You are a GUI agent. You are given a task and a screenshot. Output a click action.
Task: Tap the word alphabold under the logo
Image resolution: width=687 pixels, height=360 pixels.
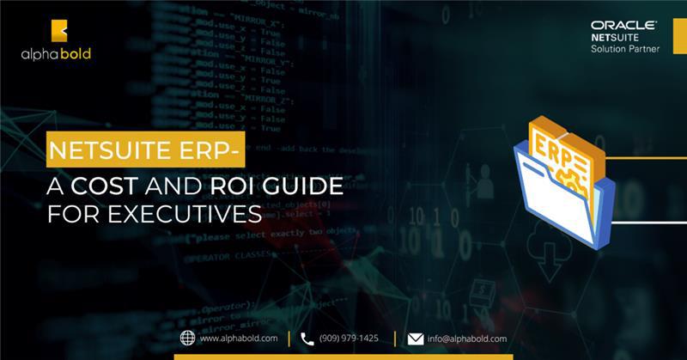click(x=57, y=53)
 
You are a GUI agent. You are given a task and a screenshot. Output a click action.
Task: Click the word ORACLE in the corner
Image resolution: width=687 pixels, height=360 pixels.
click(x=623, y=26)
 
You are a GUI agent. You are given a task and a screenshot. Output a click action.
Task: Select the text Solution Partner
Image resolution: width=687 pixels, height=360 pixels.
click(x=624, y=49)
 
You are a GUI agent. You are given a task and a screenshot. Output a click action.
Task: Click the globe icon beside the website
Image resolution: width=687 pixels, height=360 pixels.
click(x=188, y=338)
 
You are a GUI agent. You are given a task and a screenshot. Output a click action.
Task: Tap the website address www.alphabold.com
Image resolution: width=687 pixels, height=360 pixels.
click(x=240, y=339)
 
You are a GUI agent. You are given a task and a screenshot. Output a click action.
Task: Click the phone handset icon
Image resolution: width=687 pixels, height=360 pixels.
click(x=307, y=338)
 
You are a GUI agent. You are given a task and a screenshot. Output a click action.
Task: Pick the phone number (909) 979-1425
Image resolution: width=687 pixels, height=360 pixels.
click(x=350, y=339)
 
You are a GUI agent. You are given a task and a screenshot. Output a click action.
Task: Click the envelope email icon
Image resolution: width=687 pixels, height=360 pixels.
click(x=416, y=339)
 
